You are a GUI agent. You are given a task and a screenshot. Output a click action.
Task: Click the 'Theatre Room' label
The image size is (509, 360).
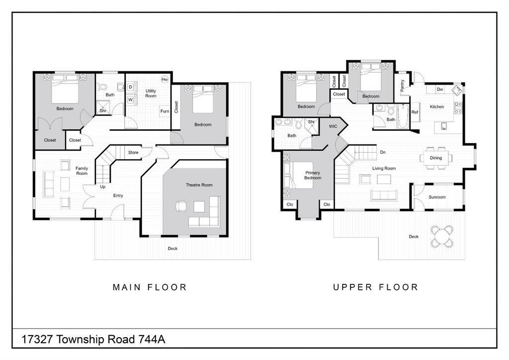point(199,185)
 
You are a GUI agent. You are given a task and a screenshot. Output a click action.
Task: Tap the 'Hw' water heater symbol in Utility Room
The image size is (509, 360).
point(165,80)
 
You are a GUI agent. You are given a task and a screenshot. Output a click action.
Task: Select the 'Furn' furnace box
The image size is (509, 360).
point(165,111)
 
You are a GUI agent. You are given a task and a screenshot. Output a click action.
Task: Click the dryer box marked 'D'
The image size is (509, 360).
point(130,87)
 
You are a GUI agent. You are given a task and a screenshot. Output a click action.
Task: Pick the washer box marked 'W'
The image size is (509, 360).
point(130,99)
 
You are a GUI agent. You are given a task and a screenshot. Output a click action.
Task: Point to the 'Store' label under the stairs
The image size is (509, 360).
point(133,152)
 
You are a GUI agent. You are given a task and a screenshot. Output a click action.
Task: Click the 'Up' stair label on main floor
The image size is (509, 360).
point(103,187)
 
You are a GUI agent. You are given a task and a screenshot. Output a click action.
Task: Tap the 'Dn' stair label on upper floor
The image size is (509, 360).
point(383,152)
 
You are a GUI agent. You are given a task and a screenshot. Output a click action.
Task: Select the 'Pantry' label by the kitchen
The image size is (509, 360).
point(402,85)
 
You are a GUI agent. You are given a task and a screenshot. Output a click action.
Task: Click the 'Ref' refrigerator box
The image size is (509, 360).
point(415,112)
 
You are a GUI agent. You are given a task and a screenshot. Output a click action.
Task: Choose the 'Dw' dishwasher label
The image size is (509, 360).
point(440,90)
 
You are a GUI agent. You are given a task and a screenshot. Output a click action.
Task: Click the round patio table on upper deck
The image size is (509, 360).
point(441,236)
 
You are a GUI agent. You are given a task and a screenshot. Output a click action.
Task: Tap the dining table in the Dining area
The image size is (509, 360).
point(436,158)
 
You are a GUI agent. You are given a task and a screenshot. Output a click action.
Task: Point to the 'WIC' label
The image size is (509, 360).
point(333,126)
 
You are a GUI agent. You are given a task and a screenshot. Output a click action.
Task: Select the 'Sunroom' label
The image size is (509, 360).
point(437,197)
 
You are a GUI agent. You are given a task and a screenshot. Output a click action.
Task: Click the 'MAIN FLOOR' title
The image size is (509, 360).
point(150,287)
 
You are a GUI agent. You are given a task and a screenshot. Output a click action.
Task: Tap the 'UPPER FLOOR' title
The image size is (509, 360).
point(376,287)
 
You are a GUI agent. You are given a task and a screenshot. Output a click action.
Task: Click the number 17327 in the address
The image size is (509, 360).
point(38,340)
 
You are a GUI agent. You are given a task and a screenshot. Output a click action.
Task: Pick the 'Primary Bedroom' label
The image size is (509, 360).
point(313,175)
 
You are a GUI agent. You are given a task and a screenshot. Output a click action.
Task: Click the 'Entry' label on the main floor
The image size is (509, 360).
point(118,195)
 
